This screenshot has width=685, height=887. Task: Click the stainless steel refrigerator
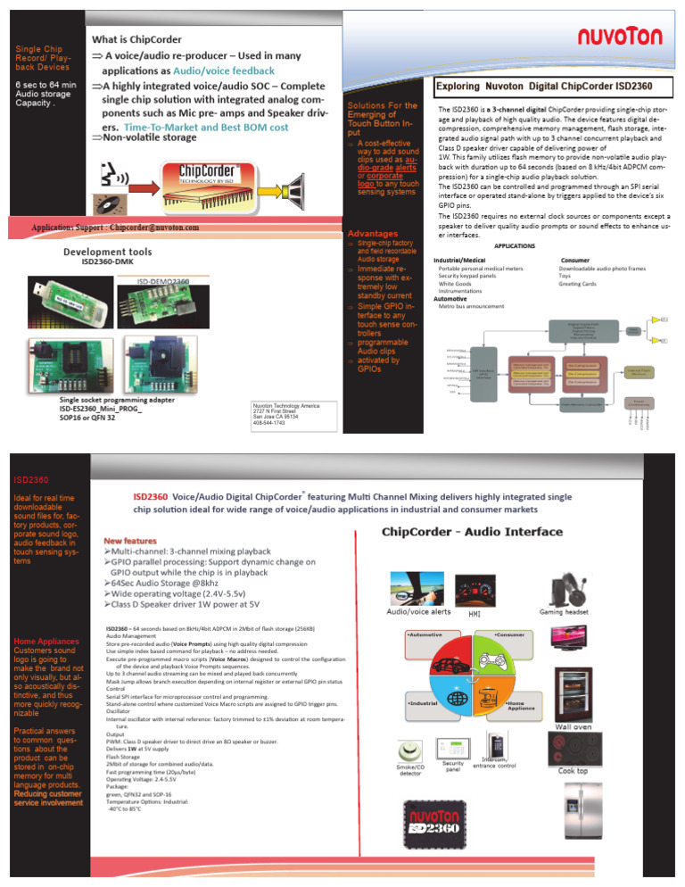pyautogui.click(x=576, y=813)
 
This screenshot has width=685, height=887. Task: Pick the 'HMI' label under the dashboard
pyautogui.click(x=475, y=614)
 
